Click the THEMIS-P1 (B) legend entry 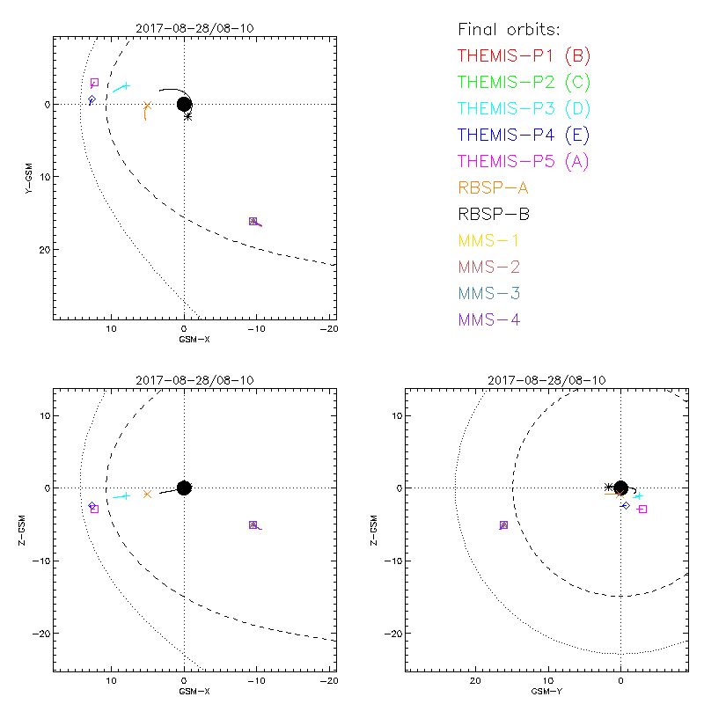(x=524, y=56)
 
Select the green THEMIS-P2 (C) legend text (x=524, y=83)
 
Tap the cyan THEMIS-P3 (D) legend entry (x=524, y=109)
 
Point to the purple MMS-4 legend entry (x=489, y=319)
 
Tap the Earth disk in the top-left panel (x=184, y=104)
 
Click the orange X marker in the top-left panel (x=148, y=106)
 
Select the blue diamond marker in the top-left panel (x=92, y=100)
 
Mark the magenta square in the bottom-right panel (x=642, y=510)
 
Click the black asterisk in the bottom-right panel (x=608, y=487)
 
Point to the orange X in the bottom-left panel (x=147, y=494)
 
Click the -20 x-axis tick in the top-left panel (x=328, y=329)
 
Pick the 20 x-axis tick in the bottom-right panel (x=476, y=680)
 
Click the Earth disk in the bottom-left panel (x=184, y=488)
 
